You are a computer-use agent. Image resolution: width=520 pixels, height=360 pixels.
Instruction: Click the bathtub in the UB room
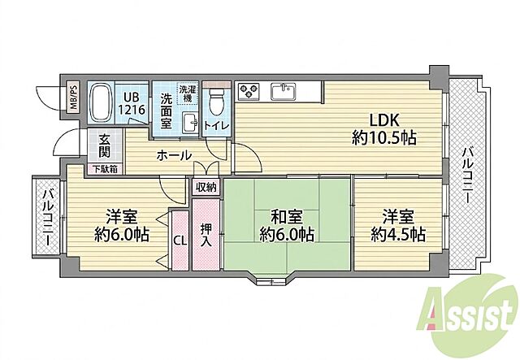101,103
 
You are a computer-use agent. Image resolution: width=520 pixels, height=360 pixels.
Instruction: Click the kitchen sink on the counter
283,91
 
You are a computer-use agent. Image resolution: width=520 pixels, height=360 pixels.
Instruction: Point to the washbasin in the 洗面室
190,122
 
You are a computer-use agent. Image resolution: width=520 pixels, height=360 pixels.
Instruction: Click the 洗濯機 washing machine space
188,94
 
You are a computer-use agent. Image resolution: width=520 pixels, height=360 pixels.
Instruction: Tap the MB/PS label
73,97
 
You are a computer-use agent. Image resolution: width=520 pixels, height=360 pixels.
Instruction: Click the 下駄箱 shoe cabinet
105,169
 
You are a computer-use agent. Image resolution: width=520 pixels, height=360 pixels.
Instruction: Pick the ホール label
174,155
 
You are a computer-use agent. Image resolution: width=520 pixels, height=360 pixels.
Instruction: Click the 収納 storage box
206,187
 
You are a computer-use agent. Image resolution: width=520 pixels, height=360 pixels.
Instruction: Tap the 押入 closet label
206,235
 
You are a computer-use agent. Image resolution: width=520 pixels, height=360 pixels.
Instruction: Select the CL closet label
180,241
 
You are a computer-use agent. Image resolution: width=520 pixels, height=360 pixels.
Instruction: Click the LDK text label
384,120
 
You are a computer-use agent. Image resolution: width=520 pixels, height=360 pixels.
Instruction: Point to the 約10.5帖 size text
384,137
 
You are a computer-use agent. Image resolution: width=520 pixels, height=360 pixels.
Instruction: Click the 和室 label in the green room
287,217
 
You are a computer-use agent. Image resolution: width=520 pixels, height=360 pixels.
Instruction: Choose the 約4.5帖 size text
398,235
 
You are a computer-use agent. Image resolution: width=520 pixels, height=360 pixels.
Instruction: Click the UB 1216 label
132,103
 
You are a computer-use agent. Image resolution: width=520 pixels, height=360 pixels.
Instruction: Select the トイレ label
216,126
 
